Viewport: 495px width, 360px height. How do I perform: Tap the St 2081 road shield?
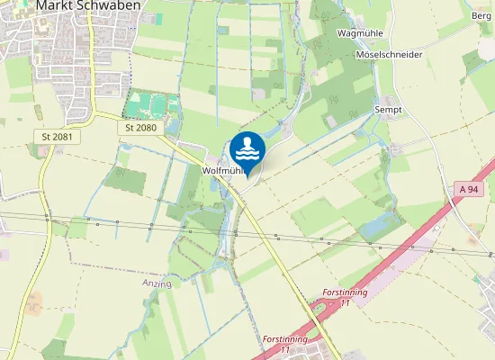tap(57, 137)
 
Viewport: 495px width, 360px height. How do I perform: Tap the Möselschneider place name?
tap(390, 55)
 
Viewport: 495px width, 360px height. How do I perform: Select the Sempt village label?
tap(388, 109)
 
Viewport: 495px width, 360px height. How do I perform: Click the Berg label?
tap(481, 16)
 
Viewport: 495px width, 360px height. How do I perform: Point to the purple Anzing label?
tap(155, 283)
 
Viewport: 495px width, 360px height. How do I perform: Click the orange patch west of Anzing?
tap(34, 301)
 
